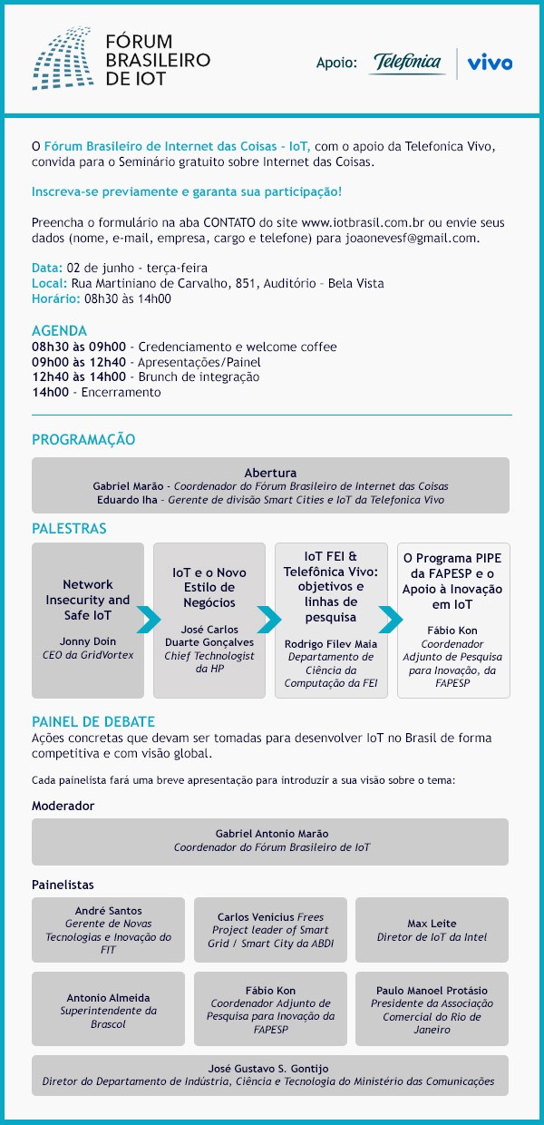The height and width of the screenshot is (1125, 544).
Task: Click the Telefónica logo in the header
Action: click(407, 63)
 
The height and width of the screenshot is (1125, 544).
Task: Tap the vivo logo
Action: click(490, 63)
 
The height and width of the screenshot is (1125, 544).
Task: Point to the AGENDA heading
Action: click(59, 331)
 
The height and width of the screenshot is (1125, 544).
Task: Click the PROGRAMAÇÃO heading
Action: click(83, 440)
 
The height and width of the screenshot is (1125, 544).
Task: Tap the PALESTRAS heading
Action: click(69, 529)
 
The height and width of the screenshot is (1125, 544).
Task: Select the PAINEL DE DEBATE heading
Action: click(93, 722)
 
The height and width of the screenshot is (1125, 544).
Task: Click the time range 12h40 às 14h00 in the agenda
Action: click(79, 377)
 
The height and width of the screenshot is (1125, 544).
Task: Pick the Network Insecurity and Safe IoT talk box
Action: click(88, 620)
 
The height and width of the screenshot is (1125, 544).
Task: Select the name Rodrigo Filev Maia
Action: click(330, 644)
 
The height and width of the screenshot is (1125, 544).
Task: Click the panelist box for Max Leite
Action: click(432, 930)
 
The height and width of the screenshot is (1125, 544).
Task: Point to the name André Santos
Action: click(108, 911)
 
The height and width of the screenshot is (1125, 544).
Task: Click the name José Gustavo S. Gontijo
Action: click(269, 1068)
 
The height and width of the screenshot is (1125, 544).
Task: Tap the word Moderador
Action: click(63, 806)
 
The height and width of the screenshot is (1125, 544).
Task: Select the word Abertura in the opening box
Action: click(270, 473)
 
